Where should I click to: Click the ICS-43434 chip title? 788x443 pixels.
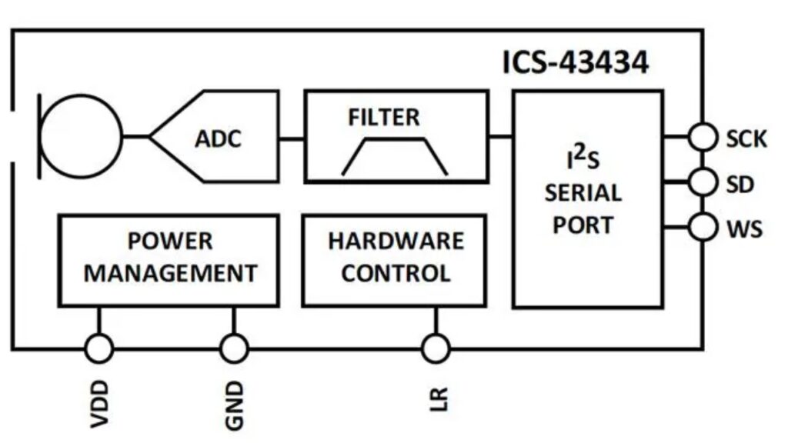[576, 62]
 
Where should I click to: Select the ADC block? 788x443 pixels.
[218, 138]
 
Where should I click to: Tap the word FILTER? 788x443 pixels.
[384, 117]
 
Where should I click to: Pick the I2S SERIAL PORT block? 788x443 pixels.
[589, 199]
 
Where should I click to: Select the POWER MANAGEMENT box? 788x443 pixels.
[169, 261]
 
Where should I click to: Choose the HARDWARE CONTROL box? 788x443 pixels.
[395, 261]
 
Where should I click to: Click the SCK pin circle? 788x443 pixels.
[702, 138]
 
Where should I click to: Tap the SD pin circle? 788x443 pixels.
[702, 183]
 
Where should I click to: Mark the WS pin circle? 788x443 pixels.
[702, 228]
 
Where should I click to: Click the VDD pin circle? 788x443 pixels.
[98, 349]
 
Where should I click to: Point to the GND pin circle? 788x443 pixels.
[234, 349]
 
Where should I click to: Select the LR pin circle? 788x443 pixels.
[436, 349]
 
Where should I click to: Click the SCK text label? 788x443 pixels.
[746, 139]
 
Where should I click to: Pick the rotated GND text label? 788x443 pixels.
[235, 403]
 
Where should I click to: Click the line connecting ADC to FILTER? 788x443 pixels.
[291, 138]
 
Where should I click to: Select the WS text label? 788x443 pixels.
[743, 229]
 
